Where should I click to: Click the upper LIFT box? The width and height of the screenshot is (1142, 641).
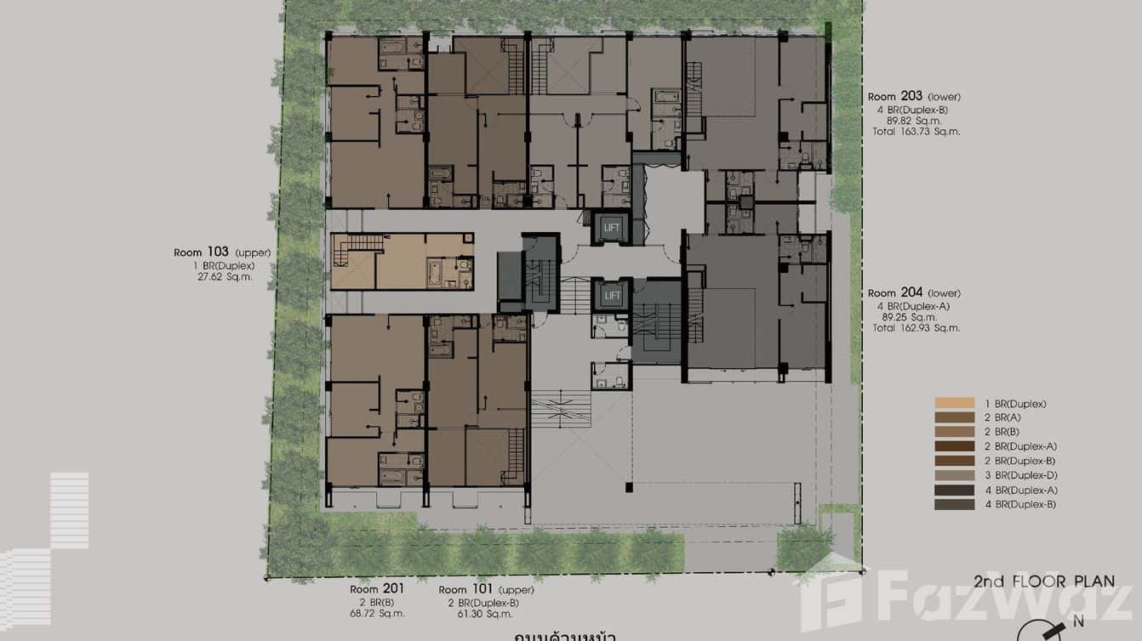pyautogui.click(x=611, y=228)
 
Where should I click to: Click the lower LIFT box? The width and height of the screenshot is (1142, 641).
pyautogui.click(x=611, y=296)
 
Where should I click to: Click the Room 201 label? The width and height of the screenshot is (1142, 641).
pyautogui.click(x=377, y=588)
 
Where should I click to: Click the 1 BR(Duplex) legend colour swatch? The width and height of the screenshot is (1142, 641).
pyautogui.click(x=954, y=404)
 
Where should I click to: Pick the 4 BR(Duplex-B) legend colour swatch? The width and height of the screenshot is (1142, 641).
pyautogui.click(x=954, y=505)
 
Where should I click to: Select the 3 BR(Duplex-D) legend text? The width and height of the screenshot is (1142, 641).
pyautogui.click(x=1020, y=475)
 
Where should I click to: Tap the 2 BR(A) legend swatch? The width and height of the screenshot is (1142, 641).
pyautogui.click(x=954, y=418)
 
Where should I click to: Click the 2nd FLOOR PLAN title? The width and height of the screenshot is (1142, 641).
pyautogui.click(x=1043, y=581)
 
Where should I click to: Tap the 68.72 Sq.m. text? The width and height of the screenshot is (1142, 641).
pyautogui.click(x=377, y=613)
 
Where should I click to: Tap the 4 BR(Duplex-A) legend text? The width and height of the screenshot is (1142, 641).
pyautogui.click(x=1020, y=491)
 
